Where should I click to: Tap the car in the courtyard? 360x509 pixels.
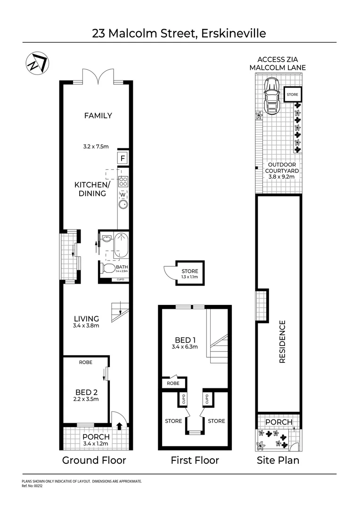tap(271, 96)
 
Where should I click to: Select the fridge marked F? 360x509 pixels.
tap(123, 158)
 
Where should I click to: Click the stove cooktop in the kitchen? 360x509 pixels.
tap(123, 181)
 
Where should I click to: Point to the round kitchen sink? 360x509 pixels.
tap(123, 204)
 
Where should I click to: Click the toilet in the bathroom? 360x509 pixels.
tap(108, 269)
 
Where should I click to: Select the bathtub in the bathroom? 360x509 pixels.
tap(121, 245)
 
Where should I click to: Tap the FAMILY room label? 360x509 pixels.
tap(98, 115)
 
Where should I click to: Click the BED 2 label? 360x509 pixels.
tap(86, 392)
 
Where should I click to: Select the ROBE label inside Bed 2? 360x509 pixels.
tap(86, 362)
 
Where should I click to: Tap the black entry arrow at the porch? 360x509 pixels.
tap(119, 427)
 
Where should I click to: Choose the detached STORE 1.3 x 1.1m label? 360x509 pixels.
tap(190, 274)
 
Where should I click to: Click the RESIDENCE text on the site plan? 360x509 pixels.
tap(283, 342)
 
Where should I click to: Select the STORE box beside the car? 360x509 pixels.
tap(293, 95)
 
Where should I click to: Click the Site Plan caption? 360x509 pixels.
tap(278, 460)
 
